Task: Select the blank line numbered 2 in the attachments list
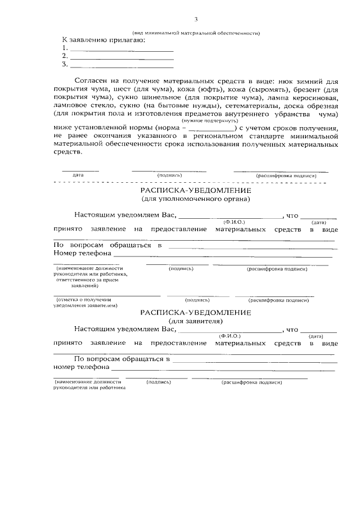[121, 56]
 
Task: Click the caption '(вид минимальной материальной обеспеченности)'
[196, 33]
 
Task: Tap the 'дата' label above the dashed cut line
[78, 175]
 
